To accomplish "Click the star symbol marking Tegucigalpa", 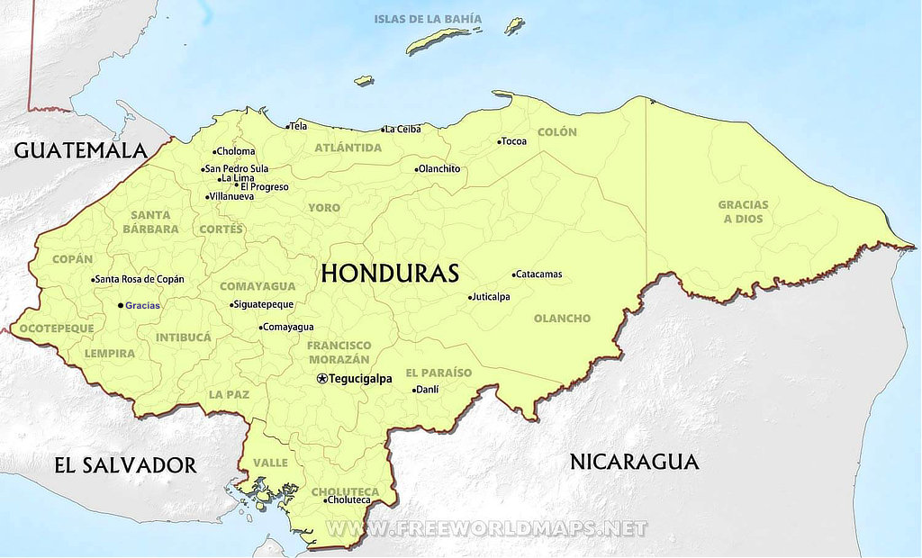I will point(322,379).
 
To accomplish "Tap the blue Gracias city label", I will point(142,306).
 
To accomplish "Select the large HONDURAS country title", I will point(390,274).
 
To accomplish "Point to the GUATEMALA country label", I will point(80,150).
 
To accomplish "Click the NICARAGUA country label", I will point(634,462).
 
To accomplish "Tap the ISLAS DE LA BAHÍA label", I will point(428,19).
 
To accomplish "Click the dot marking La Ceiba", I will point(384,130).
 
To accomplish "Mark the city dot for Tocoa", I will point(500,141).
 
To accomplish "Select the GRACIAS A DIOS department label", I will point(743,211).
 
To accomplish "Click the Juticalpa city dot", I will point(470,297).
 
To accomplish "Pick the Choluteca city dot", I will point(326,499).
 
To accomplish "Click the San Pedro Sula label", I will point(237,168).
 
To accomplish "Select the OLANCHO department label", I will point(562,319).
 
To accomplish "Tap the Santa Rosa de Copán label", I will point(140,279).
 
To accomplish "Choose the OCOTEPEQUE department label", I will point(57,328).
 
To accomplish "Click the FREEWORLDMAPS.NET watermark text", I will point(486,528).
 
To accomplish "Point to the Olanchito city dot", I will point(417,169).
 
